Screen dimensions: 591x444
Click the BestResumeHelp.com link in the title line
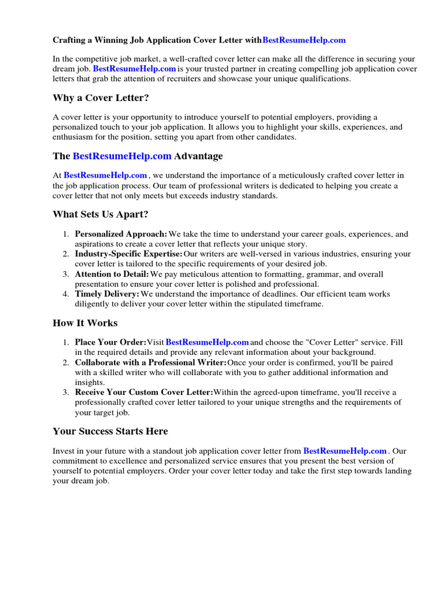pos(304,40)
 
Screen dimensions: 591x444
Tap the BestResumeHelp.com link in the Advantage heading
pos(122,156)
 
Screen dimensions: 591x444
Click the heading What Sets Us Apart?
pos(101,215)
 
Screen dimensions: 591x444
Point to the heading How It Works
pos(85,323)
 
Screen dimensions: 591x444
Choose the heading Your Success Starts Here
pos(110,431)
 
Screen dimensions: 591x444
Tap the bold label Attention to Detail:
pos(112,274)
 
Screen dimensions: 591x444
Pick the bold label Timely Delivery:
pos(107,294)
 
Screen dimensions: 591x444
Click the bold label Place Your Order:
pos(110,343)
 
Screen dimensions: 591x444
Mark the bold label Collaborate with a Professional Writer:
pos(151,362)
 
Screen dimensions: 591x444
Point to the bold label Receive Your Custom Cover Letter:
pos(144,392)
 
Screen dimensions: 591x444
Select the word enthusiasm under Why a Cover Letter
pos(75,137)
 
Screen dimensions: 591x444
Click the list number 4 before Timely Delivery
pos(66,294)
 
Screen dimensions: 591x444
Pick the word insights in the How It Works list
pos(89,382)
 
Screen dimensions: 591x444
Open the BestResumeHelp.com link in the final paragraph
pos(345,451)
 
